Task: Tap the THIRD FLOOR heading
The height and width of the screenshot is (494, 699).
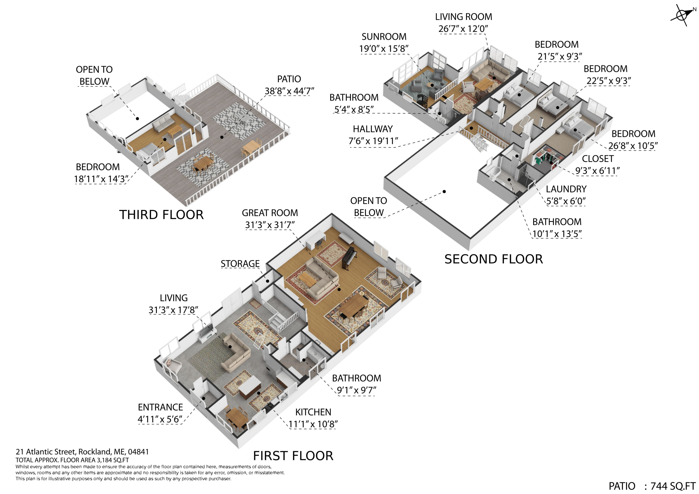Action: click(x=161, y=215)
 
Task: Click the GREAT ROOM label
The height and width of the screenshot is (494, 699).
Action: click(x=270, y=213)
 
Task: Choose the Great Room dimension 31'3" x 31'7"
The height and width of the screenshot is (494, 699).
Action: click(x=270, y=225)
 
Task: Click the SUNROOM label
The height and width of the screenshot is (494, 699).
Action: click(x=384, y=37)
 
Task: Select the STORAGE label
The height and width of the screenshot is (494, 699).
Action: click(x=240, y=264)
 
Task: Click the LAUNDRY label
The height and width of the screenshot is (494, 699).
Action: click(x=566, y=189)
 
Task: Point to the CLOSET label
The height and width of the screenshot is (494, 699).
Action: click(x=598, y=159)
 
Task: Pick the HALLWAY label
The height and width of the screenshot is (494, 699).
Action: click(x=373, y=129)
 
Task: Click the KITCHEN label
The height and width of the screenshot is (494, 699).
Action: click(x=313, y=412)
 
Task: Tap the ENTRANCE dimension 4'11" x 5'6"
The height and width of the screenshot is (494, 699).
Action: click(x=160, y=419)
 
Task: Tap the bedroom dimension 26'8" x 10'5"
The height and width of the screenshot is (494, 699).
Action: click(x=633, y=146)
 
